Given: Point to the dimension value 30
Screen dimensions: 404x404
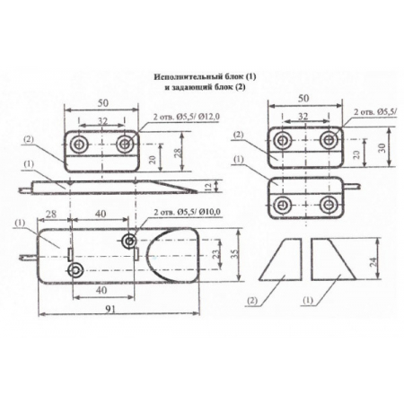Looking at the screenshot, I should (383, 149).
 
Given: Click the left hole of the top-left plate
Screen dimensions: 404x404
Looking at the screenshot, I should (82, 145).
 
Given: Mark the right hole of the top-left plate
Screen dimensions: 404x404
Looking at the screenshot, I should (124, 145).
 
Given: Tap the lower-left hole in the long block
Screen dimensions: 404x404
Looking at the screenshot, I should (78, 270).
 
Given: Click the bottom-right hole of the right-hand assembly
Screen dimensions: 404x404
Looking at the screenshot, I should (329, 203).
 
